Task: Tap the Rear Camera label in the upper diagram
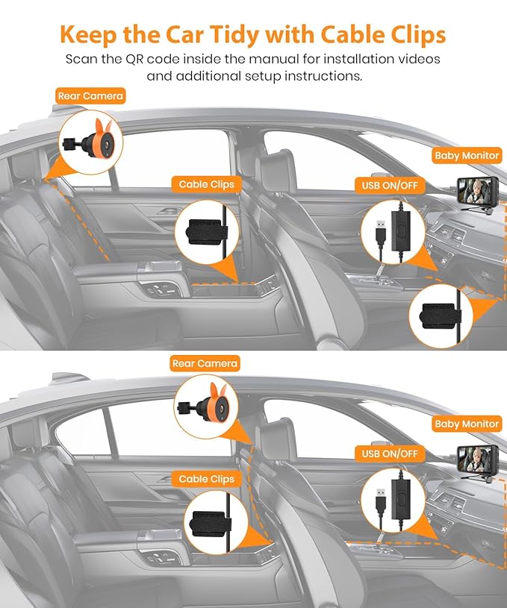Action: (x=90, y=95)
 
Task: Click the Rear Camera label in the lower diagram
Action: (x=205, y=363)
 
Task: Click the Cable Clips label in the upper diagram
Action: (x=206, y=184)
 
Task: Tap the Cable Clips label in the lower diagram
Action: (x=206, y=479)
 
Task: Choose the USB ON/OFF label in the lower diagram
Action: (x=389, y=453)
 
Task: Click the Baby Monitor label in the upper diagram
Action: (x=467, y=156)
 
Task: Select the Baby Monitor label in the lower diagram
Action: (x=467, y=424)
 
